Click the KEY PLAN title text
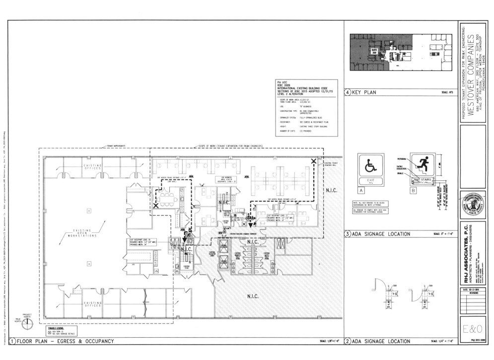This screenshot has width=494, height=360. (364, 92)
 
